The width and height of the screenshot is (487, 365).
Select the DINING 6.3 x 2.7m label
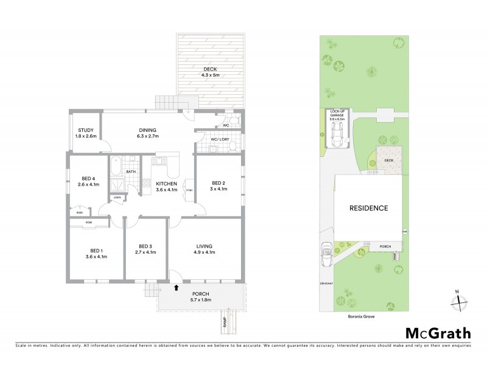(x=148, y=132)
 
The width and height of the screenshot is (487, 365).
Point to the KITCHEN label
(x=166, y=186)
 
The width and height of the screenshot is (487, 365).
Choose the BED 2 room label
(x=219, y=186)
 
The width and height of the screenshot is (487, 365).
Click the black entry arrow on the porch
(x=177, y=287)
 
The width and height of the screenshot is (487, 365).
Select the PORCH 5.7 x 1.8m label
(x=201, y=296)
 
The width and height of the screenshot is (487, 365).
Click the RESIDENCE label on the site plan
(x=368, y=208)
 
